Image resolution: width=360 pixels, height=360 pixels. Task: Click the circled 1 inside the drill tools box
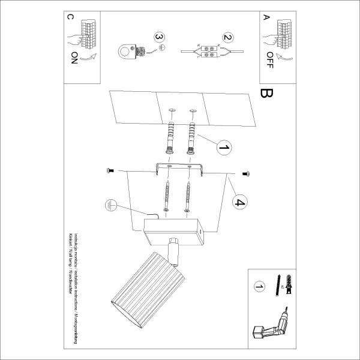pos(259,289)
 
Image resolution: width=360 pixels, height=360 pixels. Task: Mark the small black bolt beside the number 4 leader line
pos(245,173)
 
